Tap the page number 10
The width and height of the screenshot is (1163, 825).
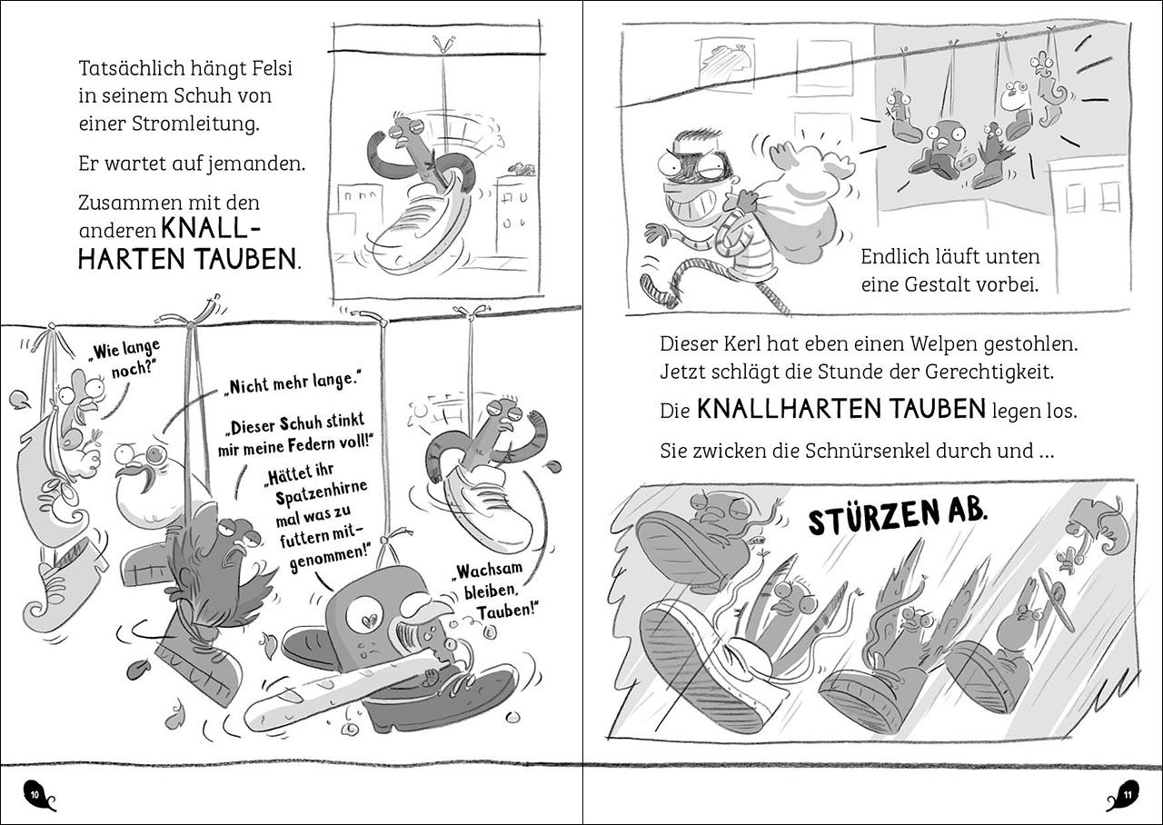point(35,795)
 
